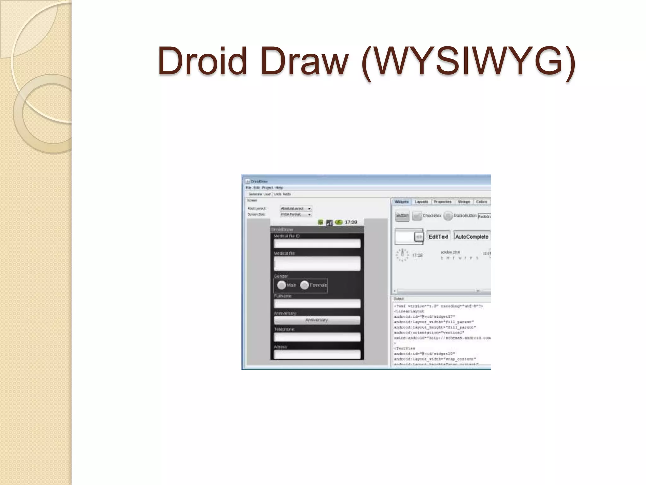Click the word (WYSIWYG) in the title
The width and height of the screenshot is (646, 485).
[x=468, y=62]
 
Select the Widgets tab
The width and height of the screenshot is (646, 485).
[x=401, y=202]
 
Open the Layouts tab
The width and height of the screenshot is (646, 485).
[x=421, y=202]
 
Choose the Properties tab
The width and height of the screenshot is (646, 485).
[x=443, y=202]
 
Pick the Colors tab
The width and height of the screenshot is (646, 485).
[x=481, y=202]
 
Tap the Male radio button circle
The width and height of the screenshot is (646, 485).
[x=281, y=285]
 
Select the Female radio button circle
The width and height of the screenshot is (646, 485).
[x=304, y=285]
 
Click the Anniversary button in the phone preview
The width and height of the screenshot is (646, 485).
[x=317, y=320]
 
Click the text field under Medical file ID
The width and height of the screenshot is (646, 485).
[x=317, y=243]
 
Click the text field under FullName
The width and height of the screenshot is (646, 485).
[x=317, y=304]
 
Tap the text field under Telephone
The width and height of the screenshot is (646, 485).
[x=317, y=337]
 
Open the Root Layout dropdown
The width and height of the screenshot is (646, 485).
[x=296, y=208]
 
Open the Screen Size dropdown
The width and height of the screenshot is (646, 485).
[x=296, y=214]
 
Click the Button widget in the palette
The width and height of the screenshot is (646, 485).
[x=402, y=216]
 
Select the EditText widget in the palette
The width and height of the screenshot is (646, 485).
[x=438, y=237]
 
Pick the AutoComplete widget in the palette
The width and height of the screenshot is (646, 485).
[x=472, y=237]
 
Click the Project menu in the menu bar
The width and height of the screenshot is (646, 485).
[x=267, y=188]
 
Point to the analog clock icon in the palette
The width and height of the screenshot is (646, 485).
[x=402, y=255]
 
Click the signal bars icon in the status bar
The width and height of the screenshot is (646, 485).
[x=329, y=222]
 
